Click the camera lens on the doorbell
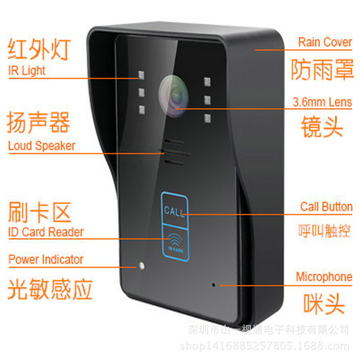coord(174,96)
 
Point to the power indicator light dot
coord(141,265)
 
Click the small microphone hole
coord(213,285)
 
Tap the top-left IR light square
coord(141,75)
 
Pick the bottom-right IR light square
coord(207,118)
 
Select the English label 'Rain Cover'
coord(325,42)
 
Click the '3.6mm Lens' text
coord(322,102)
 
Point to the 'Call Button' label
coord(326,207)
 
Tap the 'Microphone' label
coord(324,277)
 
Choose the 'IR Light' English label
coord(27,71)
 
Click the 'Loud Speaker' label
coord(41,146)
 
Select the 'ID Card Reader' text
coord(46,232)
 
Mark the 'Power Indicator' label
coord(46,260)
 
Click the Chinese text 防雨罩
coord(322,70)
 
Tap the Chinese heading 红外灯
coord(39,49)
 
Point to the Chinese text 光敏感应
coord(50,289)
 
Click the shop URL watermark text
coord(265,346)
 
